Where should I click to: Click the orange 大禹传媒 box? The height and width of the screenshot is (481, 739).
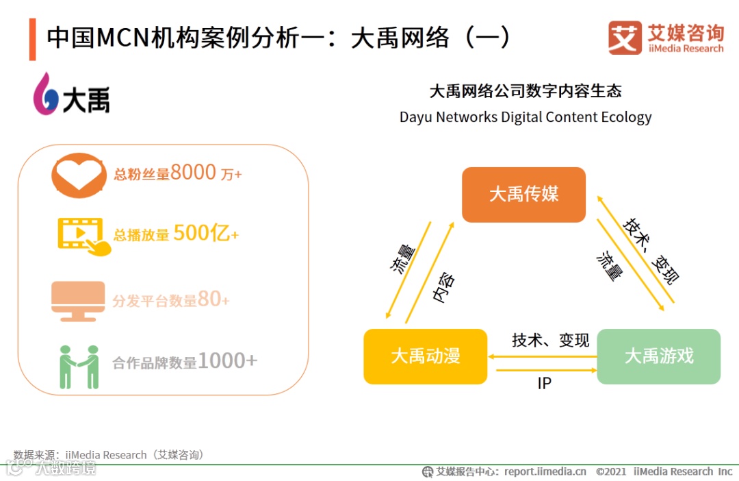[x=523, y=195]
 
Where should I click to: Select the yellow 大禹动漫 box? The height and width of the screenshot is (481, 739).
[x=425, y=356]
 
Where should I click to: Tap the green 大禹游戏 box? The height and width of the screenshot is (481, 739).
[x=658, y=356]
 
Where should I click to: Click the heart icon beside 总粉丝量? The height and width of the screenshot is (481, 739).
[x=78, y=174]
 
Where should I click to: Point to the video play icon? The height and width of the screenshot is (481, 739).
[x=82, y=236]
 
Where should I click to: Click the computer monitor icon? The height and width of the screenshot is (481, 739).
[x=78, y=301]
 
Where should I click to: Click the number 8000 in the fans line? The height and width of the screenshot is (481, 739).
[x=193, y=173]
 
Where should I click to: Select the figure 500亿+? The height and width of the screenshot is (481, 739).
[x=206, y=234]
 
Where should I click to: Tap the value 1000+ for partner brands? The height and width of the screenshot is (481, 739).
[x=227, y=360]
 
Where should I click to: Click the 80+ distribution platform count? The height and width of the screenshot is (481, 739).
[x=213, y=299]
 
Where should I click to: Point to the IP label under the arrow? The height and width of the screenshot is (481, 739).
[x=544, y=384]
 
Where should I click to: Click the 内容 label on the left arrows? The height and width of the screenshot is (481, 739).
[x=443, y=288]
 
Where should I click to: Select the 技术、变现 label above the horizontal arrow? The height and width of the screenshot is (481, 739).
[x=550, y=341]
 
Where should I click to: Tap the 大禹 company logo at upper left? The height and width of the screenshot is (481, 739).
[x=72, y=95]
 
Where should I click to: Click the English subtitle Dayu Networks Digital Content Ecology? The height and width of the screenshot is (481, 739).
[x=526, y=117]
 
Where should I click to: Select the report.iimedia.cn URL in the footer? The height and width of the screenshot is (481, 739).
[x=545, y=471]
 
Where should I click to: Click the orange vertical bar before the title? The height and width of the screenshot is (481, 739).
[x=32, y=40]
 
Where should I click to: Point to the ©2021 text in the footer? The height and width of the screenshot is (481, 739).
[x=611, y=471]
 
